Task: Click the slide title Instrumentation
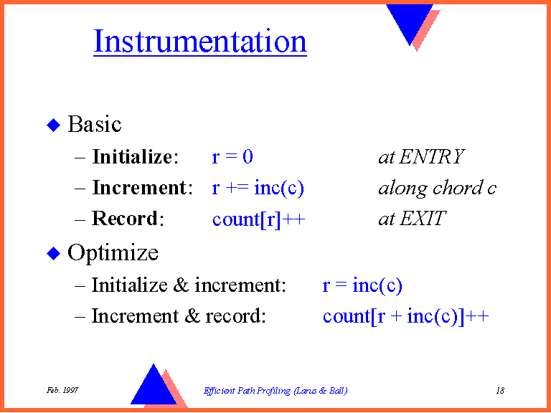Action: point(200,42)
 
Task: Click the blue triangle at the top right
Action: point(410,21)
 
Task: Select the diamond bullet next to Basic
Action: point(54,125)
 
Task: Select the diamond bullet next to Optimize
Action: point(54,253)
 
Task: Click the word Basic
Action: point(95,125)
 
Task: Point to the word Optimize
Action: point(113,253)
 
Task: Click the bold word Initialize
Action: point(133,157)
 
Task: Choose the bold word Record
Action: point(126,219)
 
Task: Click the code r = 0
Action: point(232,157)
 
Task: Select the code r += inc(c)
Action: point(258,188)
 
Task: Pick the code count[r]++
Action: point(259,219)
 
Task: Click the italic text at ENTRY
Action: point(421,157)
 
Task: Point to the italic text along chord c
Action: point(437,188)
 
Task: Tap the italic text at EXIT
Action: point(412,219)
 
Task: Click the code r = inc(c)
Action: point(362,285)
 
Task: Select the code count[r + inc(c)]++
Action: point(405,316)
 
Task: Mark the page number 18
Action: point(500,390)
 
